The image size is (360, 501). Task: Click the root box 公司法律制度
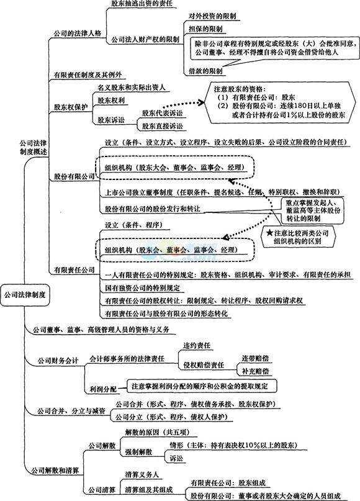(x=25, y=295)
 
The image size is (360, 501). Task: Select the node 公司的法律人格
(x=78, y=34)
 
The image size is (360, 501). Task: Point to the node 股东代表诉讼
(x=162, y=113)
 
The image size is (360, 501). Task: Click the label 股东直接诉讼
(x=162, y=126)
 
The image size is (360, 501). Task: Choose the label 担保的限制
(x=205, y=29)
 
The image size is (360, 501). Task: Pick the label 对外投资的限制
(x=212, y=16)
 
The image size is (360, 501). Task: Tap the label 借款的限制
(x=205, y=71)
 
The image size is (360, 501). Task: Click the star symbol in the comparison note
(x=271, y=233)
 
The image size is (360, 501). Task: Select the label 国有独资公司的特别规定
(x=143, y=287)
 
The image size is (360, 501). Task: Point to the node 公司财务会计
(x=58, y=361)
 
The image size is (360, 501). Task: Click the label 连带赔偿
(x=255, y=358)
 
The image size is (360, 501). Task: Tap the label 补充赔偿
(x=255, y=371)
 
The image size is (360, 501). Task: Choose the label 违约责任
(x=197, y=345)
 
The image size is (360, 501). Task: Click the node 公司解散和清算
(x=55, y=471)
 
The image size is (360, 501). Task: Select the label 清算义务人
(x=142, y=475)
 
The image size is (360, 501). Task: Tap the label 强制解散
(x=138, y=452)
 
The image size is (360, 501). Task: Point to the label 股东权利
(x=111, y=101)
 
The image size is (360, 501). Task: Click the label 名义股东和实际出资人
(x=132, y=88)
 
